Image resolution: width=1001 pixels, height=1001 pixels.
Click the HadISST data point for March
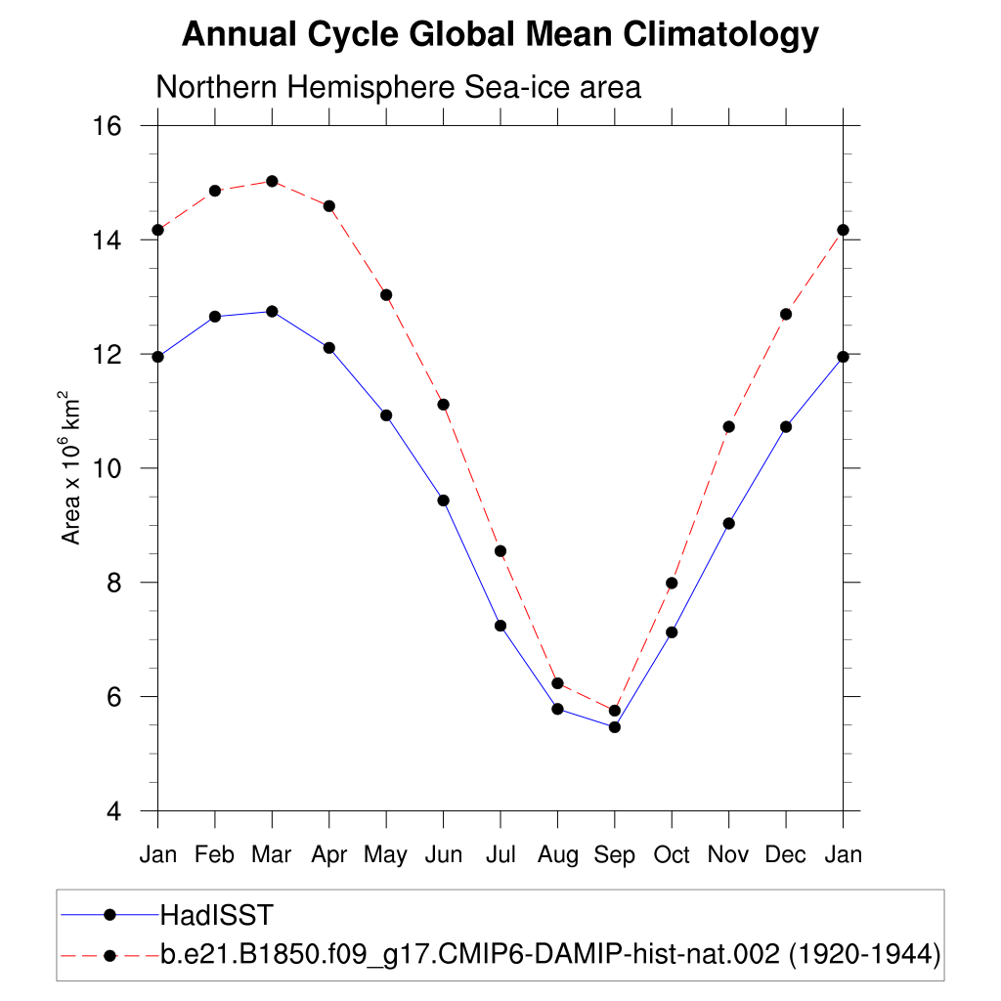point(272,312)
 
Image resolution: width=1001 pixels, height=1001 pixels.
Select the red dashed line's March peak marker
point(272,181)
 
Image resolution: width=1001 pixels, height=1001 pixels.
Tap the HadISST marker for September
point(615,726)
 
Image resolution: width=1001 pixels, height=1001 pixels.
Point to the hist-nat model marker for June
point(443,405)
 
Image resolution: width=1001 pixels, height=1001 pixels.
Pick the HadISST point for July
point(500,626)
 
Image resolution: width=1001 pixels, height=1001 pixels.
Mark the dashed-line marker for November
point(728,427)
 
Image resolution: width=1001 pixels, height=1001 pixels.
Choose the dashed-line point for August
point(557,683)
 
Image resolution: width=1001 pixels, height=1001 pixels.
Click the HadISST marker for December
point(786,427)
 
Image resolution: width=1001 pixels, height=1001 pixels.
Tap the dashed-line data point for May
point(386,295)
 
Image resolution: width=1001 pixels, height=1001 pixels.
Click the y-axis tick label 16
point(108,126)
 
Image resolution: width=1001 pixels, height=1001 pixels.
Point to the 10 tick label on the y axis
point(108,468)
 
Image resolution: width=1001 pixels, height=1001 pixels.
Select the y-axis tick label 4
point(113,811)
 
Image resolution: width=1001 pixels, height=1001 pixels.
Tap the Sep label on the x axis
point(614,855)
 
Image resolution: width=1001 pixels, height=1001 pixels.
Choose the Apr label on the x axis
point(329,855)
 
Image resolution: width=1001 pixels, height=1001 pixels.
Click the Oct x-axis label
point(672,855)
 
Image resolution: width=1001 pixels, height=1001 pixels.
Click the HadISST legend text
point(216,915)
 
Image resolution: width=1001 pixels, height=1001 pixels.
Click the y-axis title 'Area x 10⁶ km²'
point(71,468)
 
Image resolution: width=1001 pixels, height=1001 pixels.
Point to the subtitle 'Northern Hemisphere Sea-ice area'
point(399,87)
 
